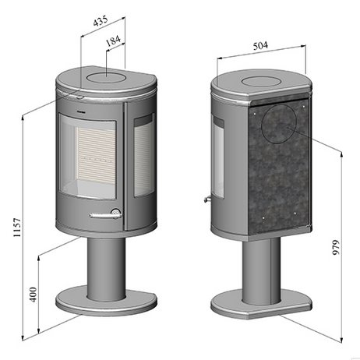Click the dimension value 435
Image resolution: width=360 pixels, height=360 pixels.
[101, 21]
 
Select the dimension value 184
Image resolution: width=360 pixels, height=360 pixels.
[114, 41]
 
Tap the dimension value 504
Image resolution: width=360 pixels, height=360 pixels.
[260, 46]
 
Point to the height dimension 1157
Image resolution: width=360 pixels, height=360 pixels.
[17, 228]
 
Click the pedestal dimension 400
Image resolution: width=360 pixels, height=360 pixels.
[34, 295]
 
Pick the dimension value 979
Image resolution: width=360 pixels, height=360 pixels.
[336, 247]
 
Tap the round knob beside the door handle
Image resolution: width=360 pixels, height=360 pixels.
[115, 211]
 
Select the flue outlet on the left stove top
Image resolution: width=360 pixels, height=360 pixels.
[106, 77]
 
